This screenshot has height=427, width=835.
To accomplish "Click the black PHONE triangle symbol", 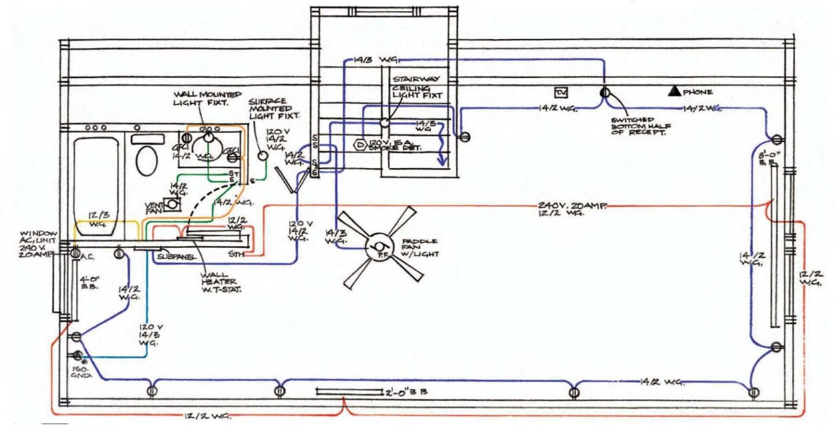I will [675, 91].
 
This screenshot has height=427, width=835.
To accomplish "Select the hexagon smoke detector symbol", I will [360, 145].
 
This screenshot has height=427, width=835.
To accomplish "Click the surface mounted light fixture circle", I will [263, 156].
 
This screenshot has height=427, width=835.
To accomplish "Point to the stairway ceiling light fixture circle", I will [384, 123].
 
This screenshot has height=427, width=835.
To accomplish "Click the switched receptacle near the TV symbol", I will [605, 93].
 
